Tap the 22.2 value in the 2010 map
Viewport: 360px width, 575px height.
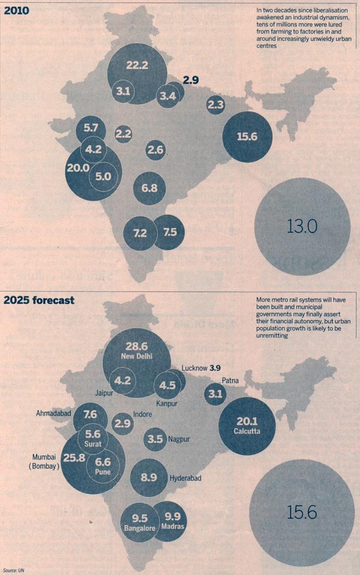click(x=137, y=65)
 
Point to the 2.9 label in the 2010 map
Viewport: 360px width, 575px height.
click(x=191, y=80)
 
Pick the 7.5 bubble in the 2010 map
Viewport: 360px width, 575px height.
click(x=169, y=232)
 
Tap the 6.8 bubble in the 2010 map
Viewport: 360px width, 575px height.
click(x=149, y=188)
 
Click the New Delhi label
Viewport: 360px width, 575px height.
click(x=137, y=356)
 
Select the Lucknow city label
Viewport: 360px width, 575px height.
click(x=193, y=368)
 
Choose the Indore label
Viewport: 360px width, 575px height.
click(x=143, y=414)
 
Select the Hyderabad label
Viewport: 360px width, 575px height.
click(x=186, y=478)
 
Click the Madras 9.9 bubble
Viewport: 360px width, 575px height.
click(x=174, y=519)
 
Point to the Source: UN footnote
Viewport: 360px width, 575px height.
click(x=14, y=570)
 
